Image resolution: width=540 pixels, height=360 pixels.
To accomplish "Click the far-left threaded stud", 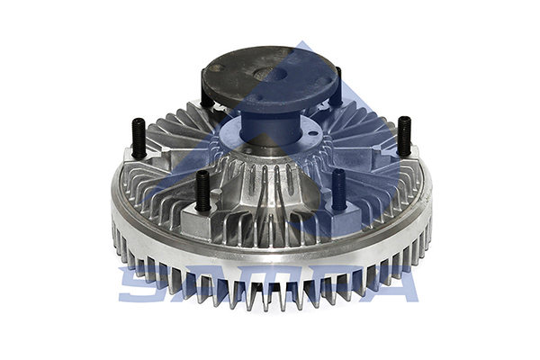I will (139, 137).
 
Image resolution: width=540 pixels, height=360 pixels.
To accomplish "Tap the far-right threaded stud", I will (404, 135).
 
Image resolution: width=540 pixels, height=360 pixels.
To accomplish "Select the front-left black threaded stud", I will (202, 190).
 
